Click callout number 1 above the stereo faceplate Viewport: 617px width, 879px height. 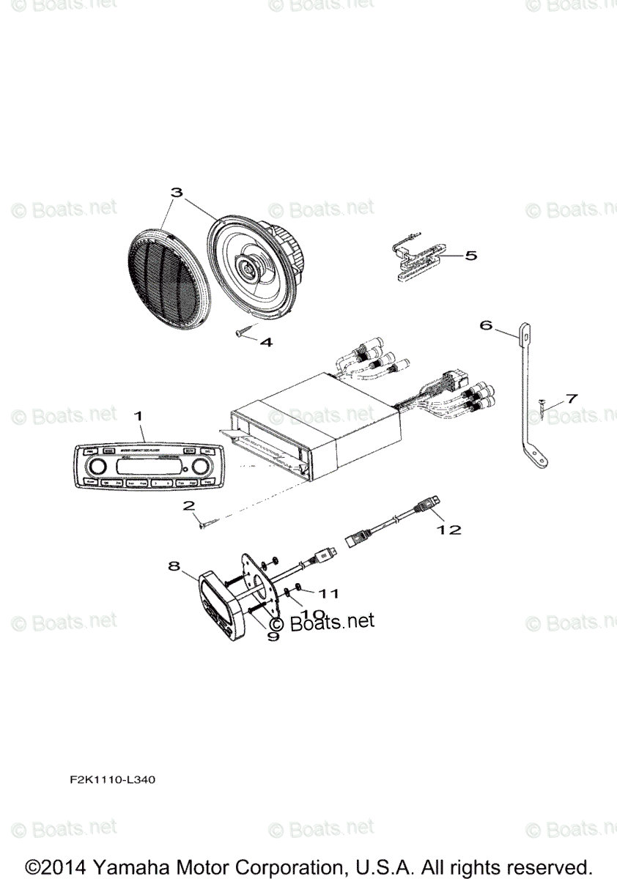tap(138, 416)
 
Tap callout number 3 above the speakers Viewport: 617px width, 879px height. tap(176, 193)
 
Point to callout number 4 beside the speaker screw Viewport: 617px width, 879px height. tap(265, 341)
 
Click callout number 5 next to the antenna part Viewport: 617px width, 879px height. tap(470, 256)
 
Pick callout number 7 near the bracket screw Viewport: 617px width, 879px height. tap(570, 398)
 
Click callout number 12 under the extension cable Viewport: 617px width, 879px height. tap(450, 529)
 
